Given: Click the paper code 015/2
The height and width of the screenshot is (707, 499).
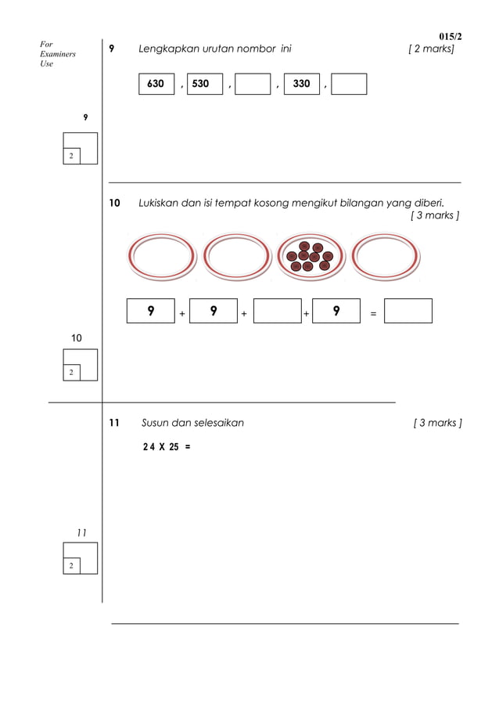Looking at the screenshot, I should point(450,37).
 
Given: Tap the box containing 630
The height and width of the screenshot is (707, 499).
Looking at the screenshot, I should point(156,84).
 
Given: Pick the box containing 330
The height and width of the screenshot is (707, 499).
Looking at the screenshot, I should point(303,84).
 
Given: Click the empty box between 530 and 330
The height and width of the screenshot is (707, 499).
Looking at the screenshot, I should point(253,84).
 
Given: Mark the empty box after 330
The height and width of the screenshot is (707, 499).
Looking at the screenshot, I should point(349,84).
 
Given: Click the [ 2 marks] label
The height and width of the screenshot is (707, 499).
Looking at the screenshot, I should point(431,49).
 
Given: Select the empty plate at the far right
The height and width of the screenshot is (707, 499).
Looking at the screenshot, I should point(386,257).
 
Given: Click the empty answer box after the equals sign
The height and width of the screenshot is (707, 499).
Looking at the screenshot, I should point(408,311).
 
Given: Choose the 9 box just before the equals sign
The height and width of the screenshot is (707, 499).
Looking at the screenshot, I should point(336,311).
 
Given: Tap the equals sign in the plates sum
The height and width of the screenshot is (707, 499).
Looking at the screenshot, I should point(372,314).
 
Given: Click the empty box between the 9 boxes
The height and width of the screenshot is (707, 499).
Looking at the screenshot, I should point(278,311).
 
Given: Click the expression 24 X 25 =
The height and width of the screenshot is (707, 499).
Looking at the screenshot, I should point(167,447).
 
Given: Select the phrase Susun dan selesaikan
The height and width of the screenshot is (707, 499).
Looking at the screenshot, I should point(192,424).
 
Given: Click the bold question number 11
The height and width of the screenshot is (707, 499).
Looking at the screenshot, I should point(113,424).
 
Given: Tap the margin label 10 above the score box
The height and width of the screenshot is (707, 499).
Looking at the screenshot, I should point(77,338).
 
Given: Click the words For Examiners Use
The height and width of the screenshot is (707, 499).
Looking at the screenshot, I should point(57,54).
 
